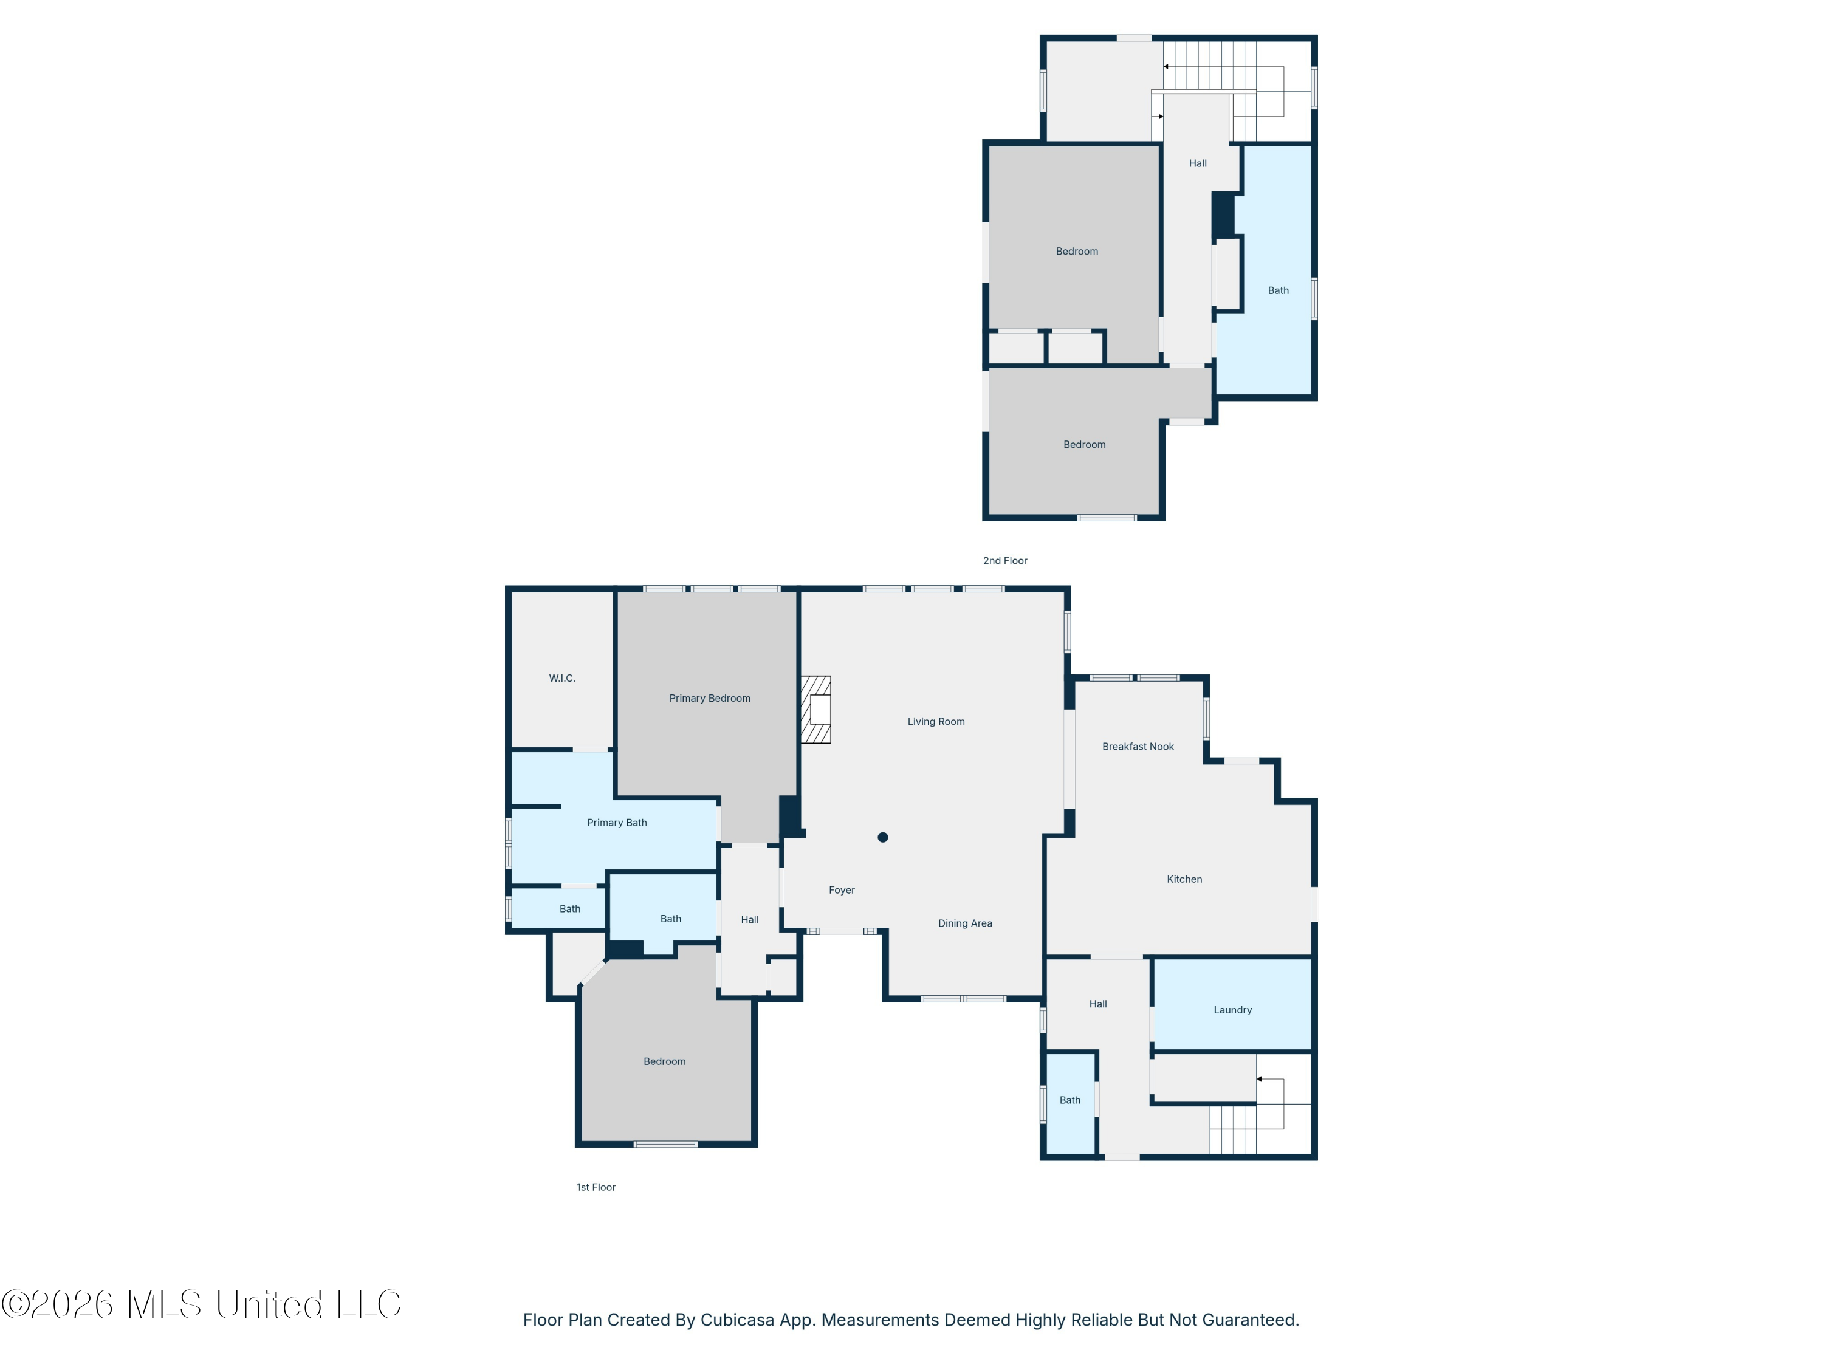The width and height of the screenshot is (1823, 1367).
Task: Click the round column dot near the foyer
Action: coord(883,837)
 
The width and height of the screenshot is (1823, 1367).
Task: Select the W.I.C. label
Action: coord(562,678)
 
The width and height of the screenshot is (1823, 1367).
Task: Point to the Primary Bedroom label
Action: coord(710,699)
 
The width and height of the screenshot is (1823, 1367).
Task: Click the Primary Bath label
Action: coord(616,823)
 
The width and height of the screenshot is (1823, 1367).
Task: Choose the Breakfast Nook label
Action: coord(1138,747)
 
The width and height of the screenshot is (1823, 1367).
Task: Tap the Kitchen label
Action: coord(1184,879)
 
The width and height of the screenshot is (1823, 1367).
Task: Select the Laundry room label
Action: coord(1232,1010)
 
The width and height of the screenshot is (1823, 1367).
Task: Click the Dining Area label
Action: coord(965,923)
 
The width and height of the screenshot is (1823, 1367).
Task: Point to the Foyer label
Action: coord(842,890)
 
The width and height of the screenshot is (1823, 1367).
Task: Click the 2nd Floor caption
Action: coord(1004,560)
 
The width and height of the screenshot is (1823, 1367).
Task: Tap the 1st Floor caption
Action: coord(596,1187)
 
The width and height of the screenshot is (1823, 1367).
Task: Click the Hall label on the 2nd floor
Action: coord(1198,164)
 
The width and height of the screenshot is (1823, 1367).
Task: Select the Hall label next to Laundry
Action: coord(1098,1004)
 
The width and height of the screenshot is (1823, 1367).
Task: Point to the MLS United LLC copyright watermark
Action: coord(201,1304)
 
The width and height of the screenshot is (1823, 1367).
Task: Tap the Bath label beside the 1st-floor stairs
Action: coord(1069,1101)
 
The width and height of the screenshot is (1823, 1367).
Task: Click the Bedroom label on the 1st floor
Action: coord(664,1062)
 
